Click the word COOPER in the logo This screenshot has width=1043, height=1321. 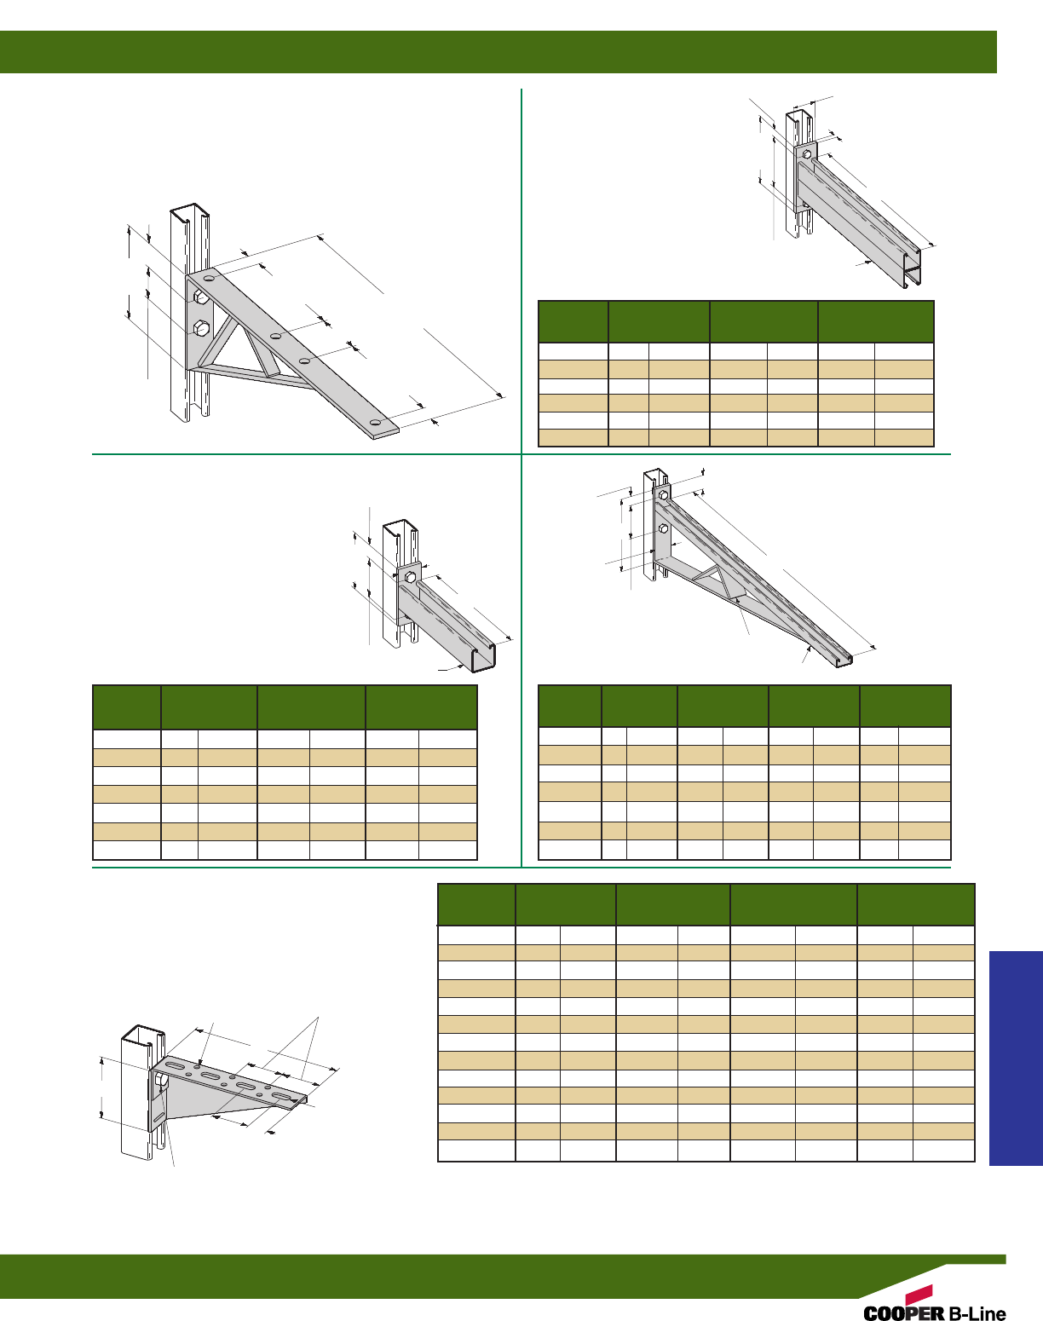point(903,1313)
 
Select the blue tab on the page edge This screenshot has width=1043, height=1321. point(1016,1058)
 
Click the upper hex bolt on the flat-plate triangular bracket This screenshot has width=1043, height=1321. point(200,297)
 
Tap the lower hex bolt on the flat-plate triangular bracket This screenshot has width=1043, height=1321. point(202,327)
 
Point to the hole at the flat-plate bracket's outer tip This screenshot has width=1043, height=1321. point(375,423)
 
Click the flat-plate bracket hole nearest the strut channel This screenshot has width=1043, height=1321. point(210,279)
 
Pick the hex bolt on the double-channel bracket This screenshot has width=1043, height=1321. point(806,155)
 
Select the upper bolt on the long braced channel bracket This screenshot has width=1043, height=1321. point(663,494)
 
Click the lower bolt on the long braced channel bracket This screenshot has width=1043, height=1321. point(663,529)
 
